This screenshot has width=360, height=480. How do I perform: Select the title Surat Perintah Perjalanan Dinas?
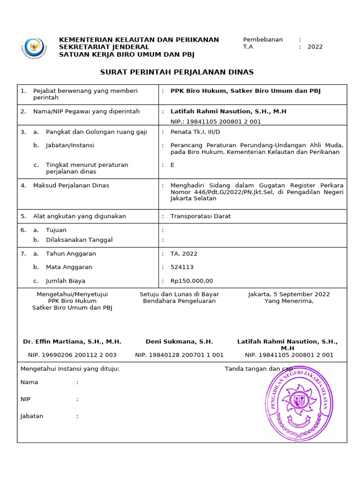point(177,72)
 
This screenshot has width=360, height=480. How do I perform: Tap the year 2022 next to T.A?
point(315,47)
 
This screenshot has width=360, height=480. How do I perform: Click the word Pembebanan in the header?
point(262,40)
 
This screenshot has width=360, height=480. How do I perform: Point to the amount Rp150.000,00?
point(191,281)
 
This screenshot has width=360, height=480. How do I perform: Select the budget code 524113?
point(182,267)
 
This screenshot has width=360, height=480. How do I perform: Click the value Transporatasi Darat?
point(200,217)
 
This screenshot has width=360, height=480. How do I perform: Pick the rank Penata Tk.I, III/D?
point(195,132)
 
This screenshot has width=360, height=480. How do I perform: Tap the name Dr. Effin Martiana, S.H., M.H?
point(72,342)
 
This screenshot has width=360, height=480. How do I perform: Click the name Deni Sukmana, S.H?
point(179,342)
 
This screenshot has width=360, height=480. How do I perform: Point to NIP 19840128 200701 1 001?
point(179,355)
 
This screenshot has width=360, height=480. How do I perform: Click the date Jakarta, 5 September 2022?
point(289,294)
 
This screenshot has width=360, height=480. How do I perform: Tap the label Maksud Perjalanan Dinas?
point(71,186)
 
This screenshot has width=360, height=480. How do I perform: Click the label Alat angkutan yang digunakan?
point(79,217)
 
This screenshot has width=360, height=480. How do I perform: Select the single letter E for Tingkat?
point(172,165)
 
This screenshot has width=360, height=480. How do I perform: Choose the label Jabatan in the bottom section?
point(32,416)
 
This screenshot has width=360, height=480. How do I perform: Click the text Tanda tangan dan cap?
point(259,369)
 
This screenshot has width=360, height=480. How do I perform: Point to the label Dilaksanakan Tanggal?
point(79,240)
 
